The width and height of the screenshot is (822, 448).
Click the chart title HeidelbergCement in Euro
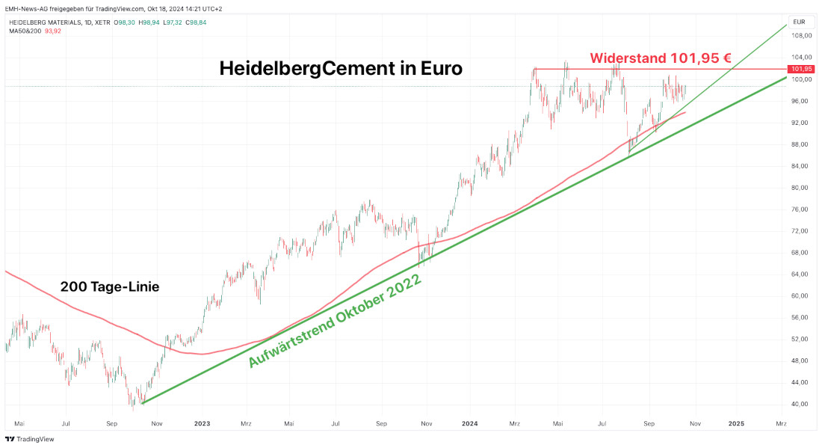pyautogui.click(x=341, y=68)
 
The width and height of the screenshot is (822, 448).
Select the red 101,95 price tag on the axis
pyautogui.click(x=803, y=69)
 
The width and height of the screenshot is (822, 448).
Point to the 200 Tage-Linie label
pyautogui.click(x=110, y=286)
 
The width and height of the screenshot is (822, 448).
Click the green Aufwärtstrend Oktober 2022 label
pyautogui.click(x=335, y=321)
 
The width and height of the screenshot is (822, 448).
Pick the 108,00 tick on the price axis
pyautogui.click(x=802, y=36)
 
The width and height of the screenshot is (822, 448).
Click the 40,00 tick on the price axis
pyautogui.click(x=802, y=404)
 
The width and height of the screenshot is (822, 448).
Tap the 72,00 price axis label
pyautogui.click(x=802, y=231)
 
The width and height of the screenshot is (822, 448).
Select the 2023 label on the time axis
pyautogui.click(x=202, y=423)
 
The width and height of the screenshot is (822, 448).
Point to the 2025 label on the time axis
pyautogui.click(x=736, y=423)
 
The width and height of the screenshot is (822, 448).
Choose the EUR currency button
pyautogui.click(x=799, y=22)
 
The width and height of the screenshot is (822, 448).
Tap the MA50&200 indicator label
pyautogui.click(x=25, y=31)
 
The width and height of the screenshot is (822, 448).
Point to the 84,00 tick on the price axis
pyautogui.click(x=802, y=166)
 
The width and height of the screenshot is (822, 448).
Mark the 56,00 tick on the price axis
pyautogui.click(x=802, y=317)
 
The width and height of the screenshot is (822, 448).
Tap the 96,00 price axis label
pyautogui.click(x=802, y=101)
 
